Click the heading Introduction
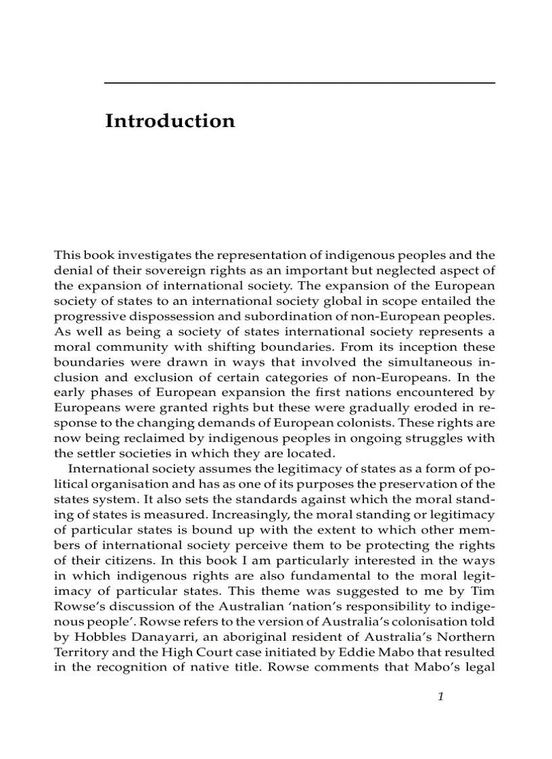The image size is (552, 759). pos(170,122)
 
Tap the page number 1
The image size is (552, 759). pos(440,697)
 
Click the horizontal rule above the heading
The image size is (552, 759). pos(300,82)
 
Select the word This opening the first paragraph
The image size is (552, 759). pos(66,255)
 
